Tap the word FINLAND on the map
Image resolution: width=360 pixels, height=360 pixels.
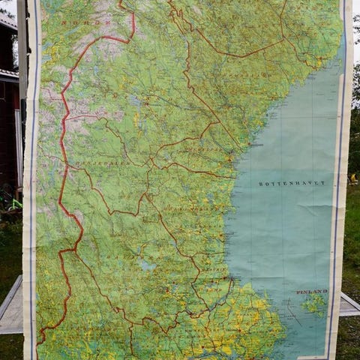[312, 291]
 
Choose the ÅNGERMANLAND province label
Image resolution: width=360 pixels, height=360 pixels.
[225, 75]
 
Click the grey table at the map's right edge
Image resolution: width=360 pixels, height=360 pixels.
[349, 305]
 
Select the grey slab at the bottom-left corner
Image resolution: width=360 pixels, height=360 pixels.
[11, 307]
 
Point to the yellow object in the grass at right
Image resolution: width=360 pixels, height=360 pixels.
[353, 178]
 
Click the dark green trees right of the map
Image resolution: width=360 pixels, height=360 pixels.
[354, 135]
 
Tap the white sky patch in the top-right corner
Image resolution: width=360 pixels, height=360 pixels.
[355, 22]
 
